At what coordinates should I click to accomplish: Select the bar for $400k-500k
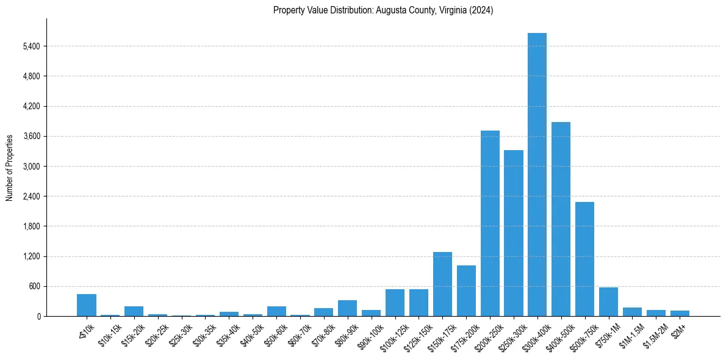561,219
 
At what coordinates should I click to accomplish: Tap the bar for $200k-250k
490,223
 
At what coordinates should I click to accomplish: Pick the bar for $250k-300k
514,233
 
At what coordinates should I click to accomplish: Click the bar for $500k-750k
584,259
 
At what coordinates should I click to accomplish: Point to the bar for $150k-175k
442,284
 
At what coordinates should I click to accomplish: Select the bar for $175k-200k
466,290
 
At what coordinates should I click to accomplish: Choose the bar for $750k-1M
608,302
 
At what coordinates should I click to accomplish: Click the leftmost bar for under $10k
87,305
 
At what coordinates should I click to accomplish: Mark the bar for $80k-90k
347,308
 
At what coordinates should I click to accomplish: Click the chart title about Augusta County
383,10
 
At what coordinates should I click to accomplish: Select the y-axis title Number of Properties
10,167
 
